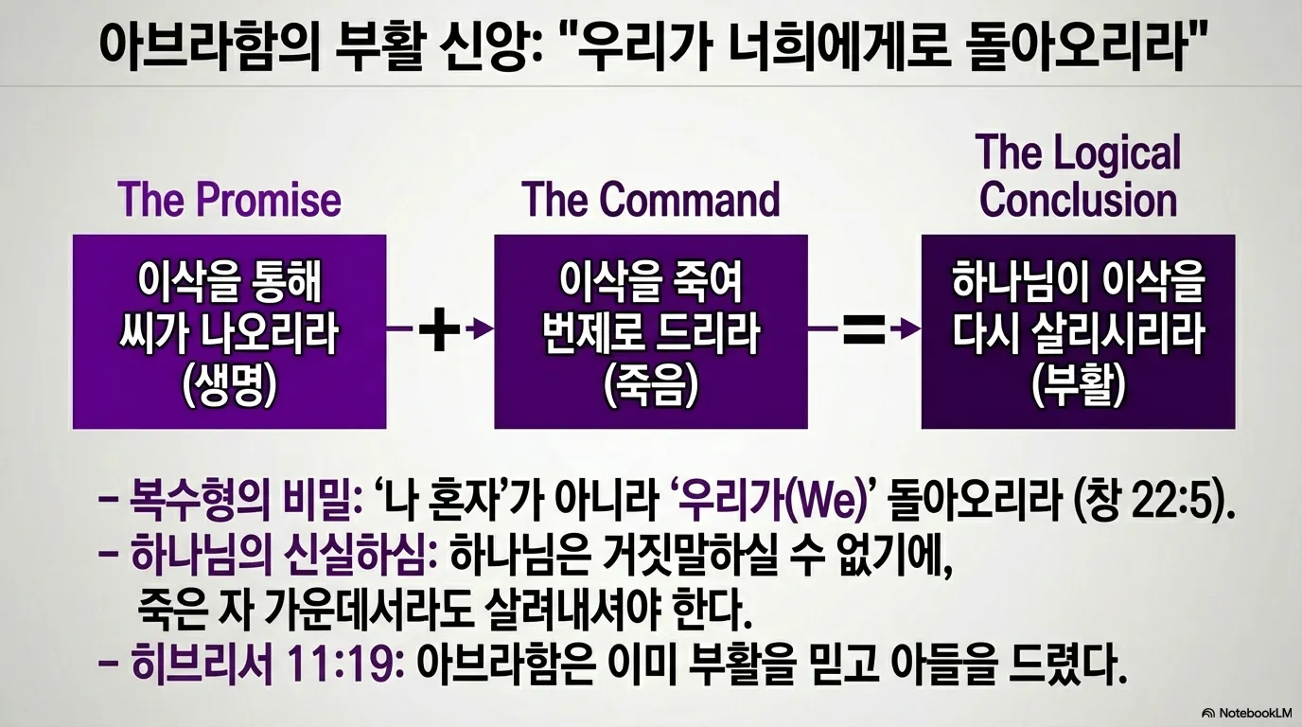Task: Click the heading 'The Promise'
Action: click(x=229, y=201)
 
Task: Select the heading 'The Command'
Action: click(x=651, y=201)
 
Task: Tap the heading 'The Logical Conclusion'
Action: click(x=1078, y=177)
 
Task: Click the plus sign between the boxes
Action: click(x=438, y=330)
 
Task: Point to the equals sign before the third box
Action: click(x=862, y=330)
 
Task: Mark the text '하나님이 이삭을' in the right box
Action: click(x=1078, y=282)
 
